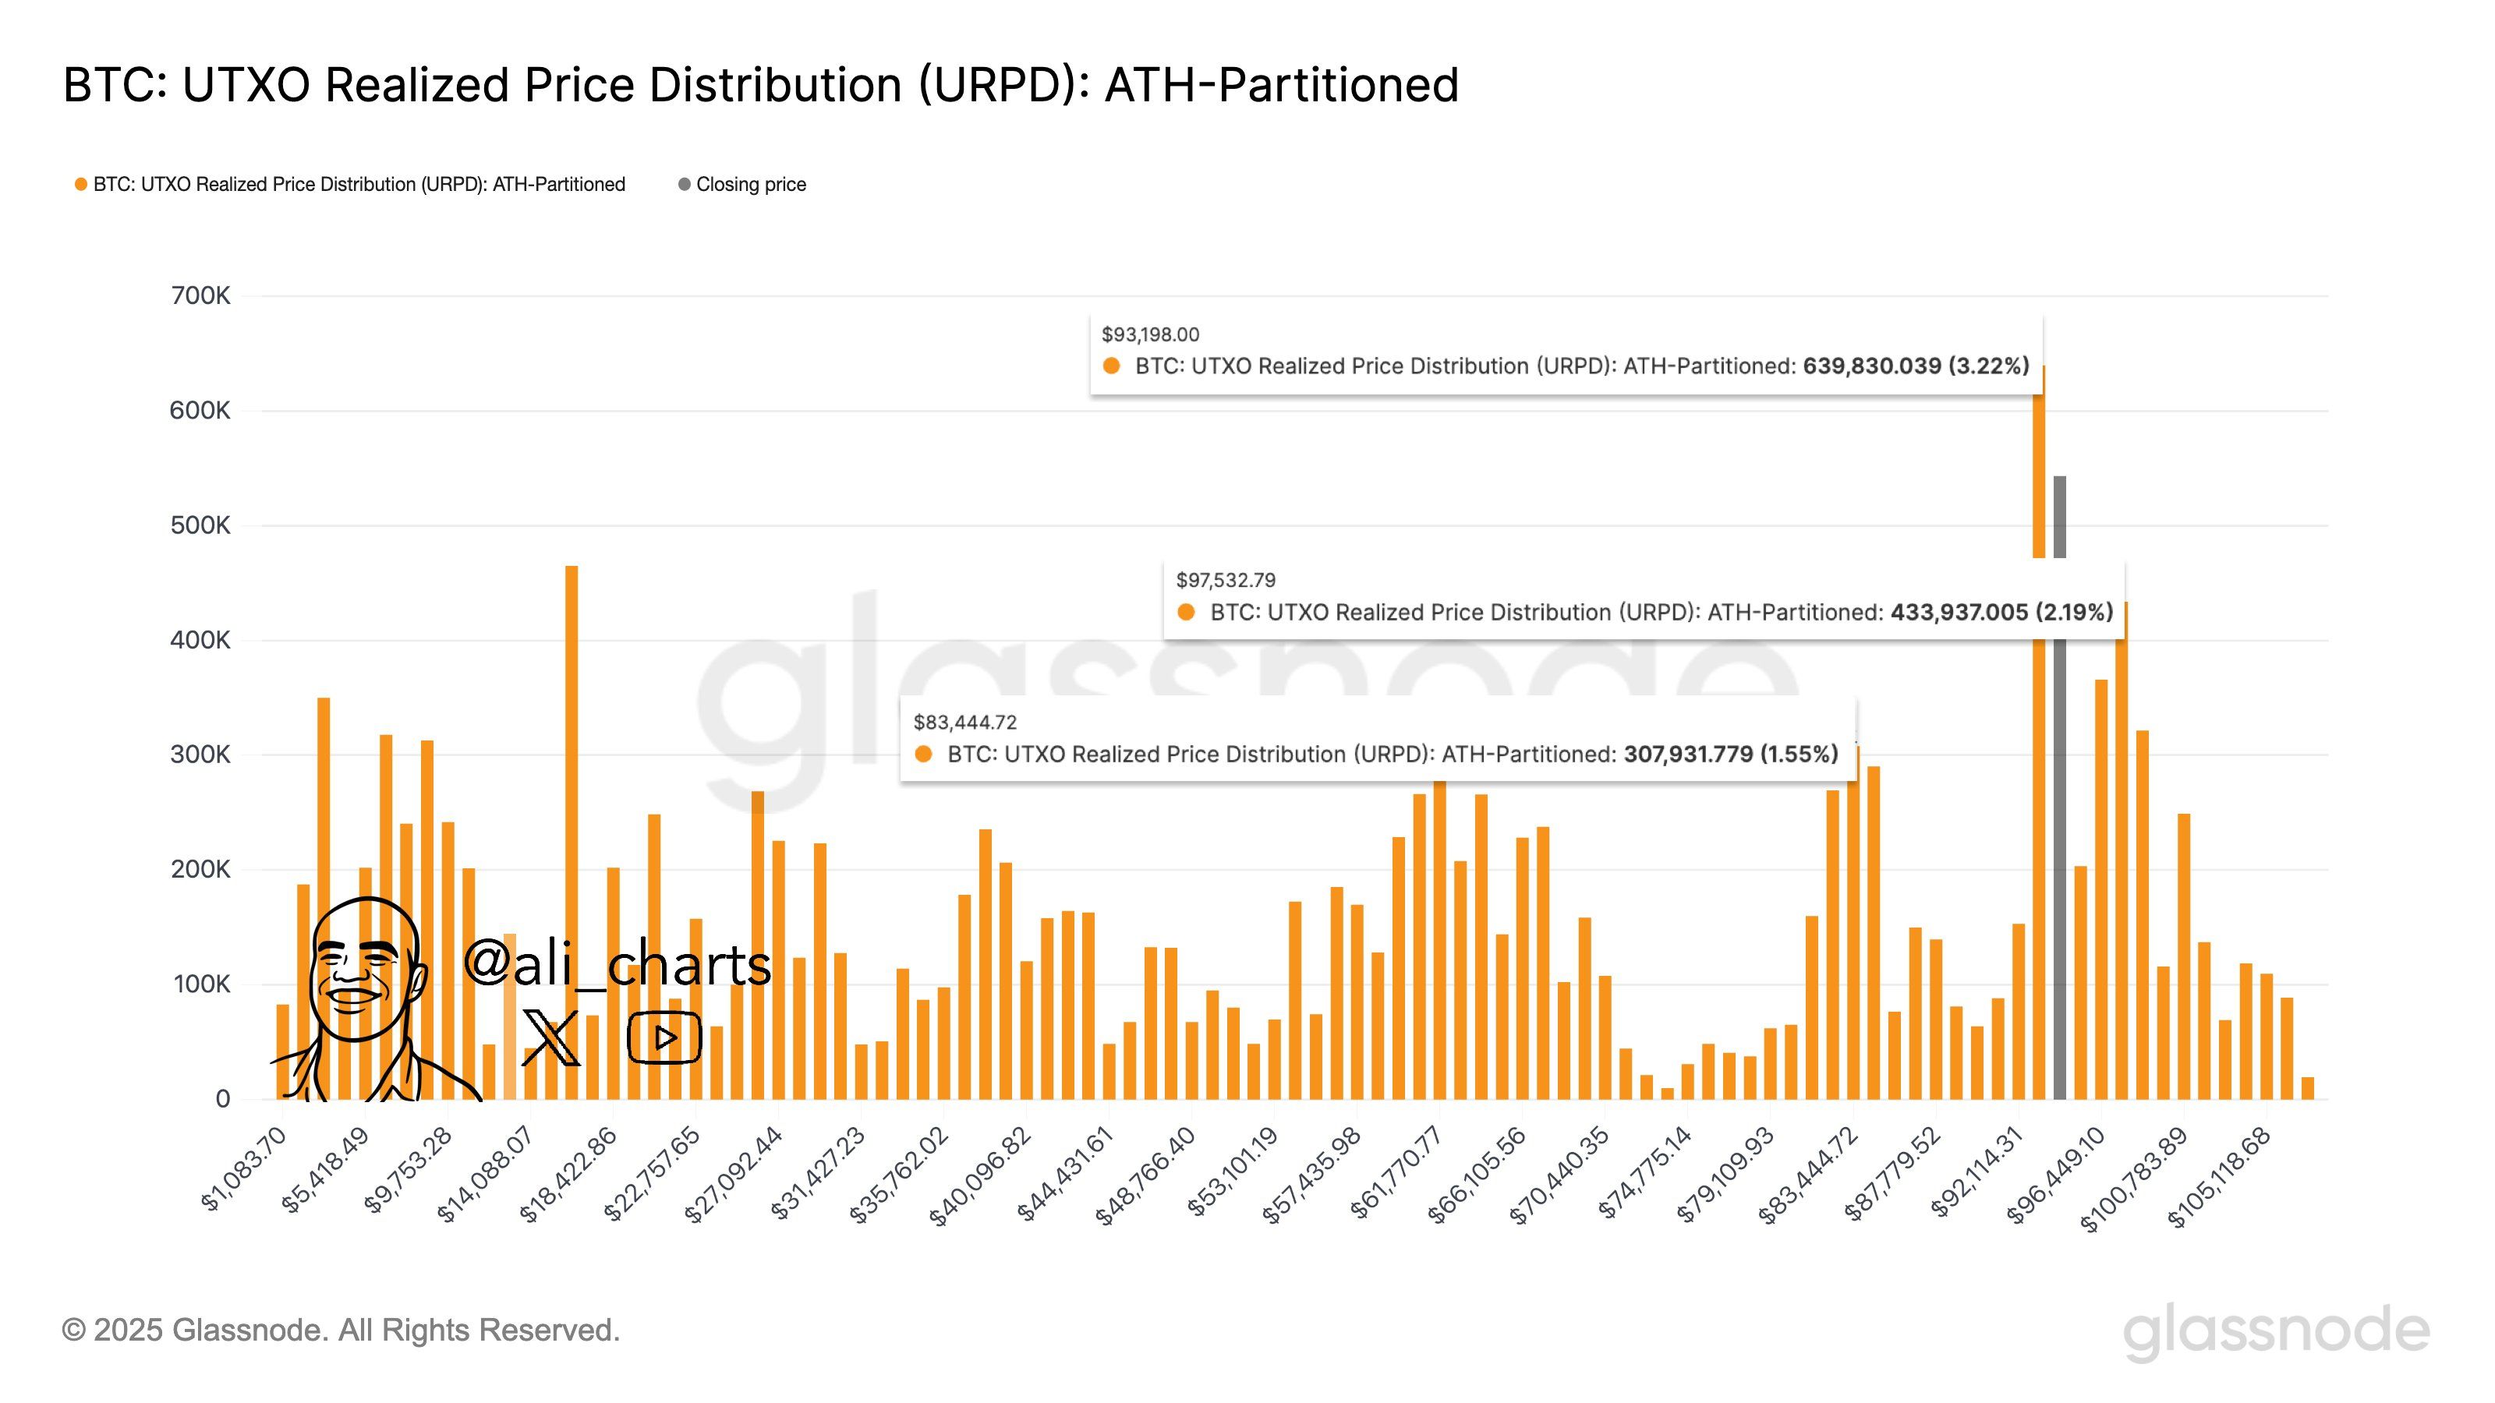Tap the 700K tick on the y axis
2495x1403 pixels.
tap(200, 295)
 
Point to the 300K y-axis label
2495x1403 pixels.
tap(200, 755)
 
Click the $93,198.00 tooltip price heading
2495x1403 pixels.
tap(1150, 335)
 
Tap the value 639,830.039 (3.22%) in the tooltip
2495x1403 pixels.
tap(1915, 366)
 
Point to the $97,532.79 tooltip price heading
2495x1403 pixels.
tap(1225, 581)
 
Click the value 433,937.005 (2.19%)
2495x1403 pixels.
tap(2001, 612)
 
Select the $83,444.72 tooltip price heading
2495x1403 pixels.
tap(964, 723)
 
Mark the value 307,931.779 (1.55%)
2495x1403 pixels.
tap(1731, 755)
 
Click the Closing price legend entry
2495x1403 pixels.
tap(751, 184)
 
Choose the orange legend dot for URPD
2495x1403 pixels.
tap(81, 184)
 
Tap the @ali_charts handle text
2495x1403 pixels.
tap(617, 964)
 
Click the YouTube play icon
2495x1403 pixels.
tap(664, 1037)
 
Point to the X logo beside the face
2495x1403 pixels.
tap(550, 1037)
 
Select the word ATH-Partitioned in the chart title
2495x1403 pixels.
tap(1280, 85)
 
